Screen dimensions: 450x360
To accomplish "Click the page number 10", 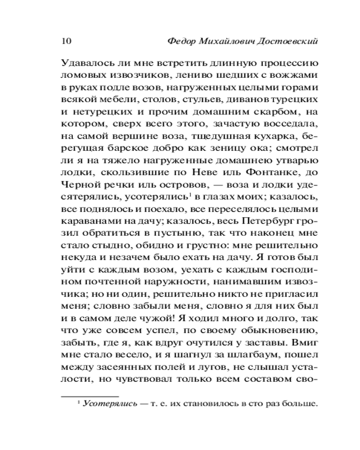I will click(x=64, y=41).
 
